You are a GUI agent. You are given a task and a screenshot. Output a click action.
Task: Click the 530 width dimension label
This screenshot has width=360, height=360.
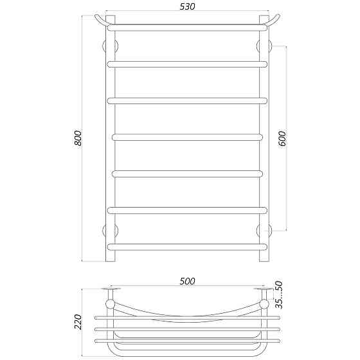coord(187,6)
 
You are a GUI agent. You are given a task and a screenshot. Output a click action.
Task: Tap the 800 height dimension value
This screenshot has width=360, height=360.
coord(78,138)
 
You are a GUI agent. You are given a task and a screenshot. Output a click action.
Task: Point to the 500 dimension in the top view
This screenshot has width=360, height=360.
coord(187,282)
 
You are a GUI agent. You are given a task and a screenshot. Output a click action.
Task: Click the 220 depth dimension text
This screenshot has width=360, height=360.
coord(78,321)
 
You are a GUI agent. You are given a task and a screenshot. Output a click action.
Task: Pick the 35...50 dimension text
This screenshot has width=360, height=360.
coord(278,294)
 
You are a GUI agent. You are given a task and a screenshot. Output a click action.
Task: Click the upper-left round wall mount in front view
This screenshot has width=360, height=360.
coord(111,46)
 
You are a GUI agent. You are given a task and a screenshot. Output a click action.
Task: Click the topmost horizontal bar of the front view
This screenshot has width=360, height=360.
coord(187,28)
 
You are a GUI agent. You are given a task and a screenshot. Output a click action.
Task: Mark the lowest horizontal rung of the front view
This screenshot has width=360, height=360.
coord(187,246)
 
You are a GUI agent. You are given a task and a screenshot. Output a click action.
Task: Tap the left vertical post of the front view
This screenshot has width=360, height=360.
coord(110,141)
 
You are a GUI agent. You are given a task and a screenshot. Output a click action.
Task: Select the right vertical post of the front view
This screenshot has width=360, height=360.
coord(264,141)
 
